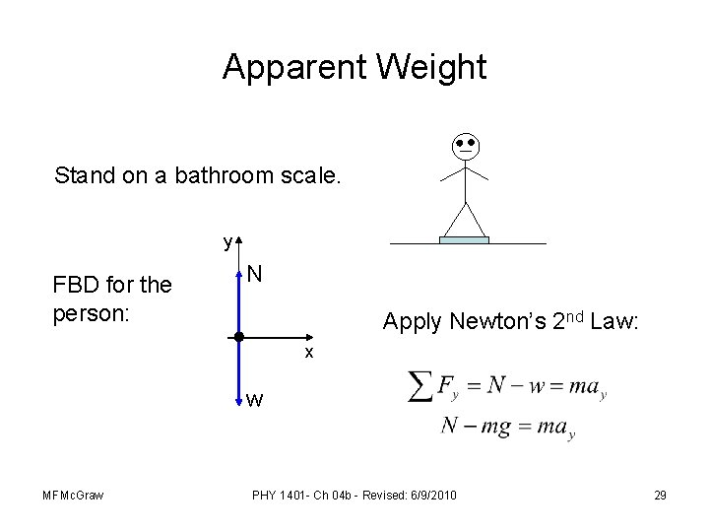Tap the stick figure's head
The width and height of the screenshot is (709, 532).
tap(464, 147)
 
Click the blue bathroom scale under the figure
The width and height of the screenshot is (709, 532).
tap(464, 239)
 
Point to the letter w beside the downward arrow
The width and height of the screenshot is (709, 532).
tap(255, 400)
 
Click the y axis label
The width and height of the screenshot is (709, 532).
tap(226, 241)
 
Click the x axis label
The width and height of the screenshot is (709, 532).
tap(308, 353)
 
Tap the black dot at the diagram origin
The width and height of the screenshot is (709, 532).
tap(238, 337)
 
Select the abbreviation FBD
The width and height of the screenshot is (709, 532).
tap(75, 287)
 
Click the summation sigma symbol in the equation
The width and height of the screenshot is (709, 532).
tap(419, 385)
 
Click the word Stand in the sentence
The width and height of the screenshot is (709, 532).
tap(84, 176)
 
